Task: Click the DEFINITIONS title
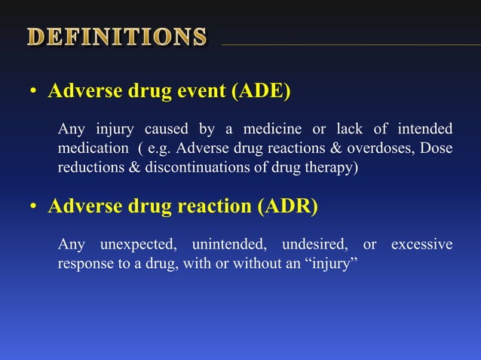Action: coord(118,37)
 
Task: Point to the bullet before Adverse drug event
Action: coord(33,93)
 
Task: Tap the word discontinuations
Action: coord(188,167)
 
